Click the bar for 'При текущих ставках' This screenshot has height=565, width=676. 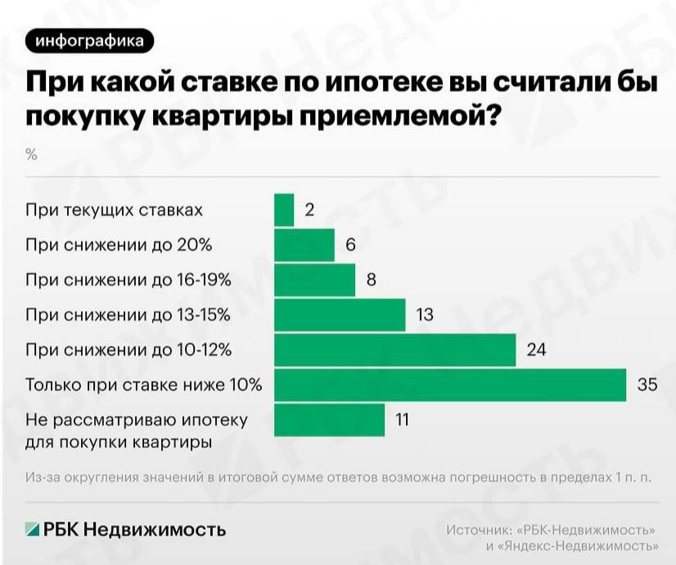click(x=284, y=210)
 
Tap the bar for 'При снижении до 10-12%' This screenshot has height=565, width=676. click(x=394, y=350)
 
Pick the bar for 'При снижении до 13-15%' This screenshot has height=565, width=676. click(x=340, y=315)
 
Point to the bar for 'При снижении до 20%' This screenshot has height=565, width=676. click(x=304, y=244)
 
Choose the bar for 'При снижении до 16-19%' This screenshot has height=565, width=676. click(x=314, y=280)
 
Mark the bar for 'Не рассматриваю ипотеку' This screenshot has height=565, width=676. click(x=329, y=420)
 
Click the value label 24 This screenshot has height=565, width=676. click(x=536, y=350)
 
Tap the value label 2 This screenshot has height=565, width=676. click(x=309, y=210)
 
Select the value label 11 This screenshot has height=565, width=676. click(x=401, y=420)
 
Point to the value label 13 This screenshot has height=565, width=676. click(x=424, y=315)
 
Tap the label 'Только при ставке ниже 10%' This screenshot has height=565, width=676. click(x=144, y=385)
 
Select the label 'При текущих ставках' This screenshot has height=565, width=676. click(x=114, y=210)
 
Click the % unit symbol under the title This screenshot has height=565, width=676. click(x=32, y=155)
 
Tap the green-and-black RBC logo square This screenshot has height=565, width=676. click(x=32, y=529)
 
